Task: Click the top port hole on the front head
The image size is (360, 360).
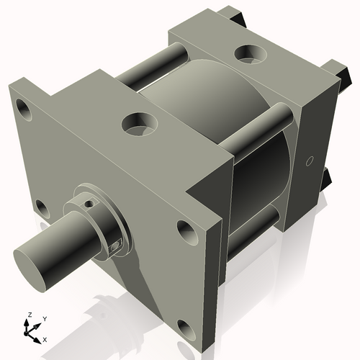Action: (x=138, y=123)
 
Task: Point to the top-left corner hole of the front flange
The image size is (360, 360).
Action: (x=25, y=109)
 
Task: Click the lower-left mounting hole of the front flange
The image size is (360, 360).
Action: (x=41, y=210)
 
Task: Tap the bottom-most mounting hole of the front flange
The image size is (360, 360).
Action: (x=186, y=330)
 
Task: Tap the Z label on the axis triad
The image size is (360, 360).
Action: (x=28, y=315)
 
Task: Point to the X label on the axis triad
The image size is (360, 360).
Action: (x=45, y=338)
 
